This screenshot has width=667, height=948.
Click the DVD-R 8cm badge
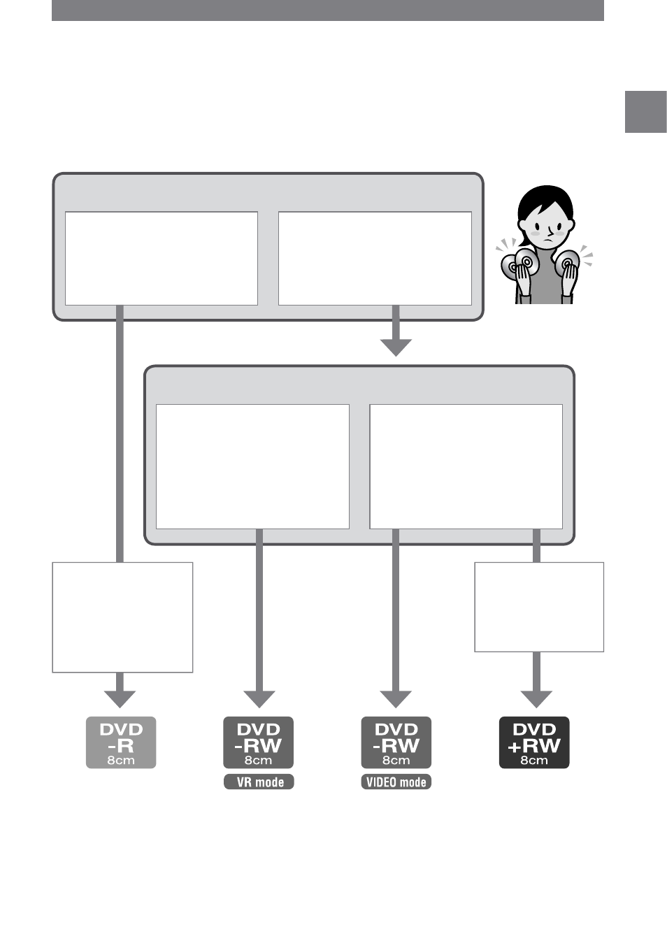121,742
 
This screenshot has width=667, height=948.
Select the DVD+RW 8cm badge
534,742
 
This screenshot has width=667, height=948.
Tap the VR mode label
259,782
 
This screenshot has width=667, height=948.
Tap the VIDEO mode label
396,782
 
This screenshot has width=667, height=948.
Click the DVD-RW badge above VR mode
258,742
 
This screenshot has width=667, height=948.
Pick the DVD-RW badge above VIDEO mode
396,742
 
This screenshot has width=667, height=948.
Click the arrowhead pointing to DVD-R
120,699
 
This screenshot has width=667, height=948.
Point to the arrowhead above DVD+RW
536,699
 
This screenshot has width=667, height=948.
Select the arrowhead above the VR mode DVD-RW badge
259,699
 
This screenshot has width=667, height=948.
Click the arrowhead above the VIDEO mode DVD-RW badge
396,699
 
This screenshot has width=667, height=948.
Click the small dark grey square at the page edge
646,112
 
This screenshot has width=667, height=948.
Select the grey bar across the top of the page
328,10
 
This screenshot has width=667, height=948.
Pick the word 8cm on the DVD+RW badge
534,761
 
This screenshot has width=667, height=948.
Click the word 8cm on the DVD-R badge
121,761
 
